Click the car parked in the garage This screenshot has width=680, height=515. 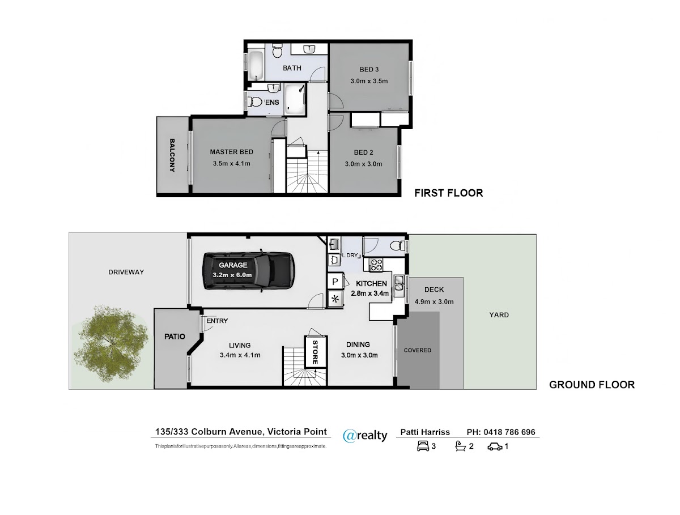coord(248,271)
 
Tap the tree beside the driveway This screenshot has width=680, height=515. coord(110,343)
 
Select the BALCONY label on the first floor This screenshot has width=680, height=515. coord(172,155)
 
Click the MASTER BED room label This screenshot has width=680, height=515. coord(231,152)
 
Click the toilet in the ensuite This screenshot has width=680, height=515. coord(255,101)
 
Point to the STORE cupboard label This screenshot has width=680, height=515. coord(315,352)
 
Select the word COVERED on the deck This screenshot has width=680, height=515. coord(417,350)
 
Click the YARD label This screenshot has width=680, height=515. coord(499,315)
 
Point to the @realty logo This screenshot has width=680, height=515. coord(365,436)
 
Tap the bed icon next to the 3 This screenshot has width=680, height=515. coord(423,446)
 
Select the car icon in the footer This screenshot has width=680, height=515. coord(495,446)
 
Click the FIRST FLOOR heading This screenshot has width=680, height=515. coord(449,193)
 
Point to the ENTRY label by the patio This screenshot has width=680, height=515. coord(217,321)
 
